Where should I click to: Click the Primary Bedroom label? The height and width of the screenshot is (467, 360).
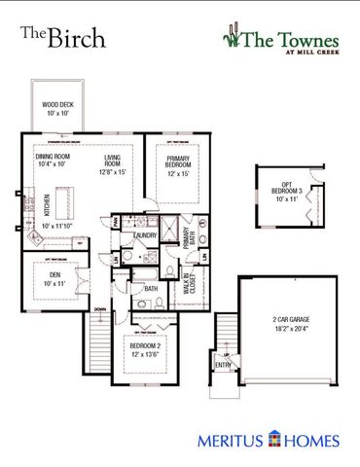tap(178, 161)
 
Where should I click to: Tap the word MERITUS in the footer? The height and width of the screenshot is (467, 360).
tap(232, 441)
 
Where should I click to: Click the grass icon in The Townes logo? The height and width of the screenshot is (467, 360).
tap(231, 37)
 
